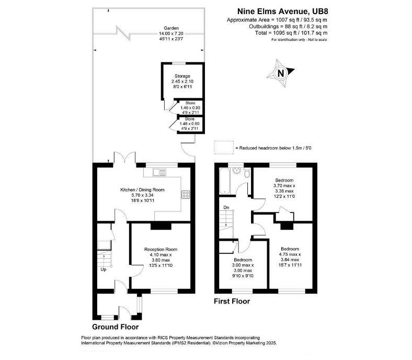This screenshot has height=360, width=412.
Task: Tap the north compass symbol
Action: click(x=281, y=73)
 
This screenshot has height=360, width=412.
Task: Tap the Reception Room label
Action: click(x=161, y=249)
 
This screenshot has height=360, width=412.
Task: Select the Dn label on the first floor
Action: click(x=226, y=207)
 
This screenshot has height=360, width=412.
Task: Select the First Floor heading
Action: click(x=232, y=301)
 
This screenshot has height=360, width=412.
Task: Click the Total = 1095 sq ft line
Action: click(x=287, y=33)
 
